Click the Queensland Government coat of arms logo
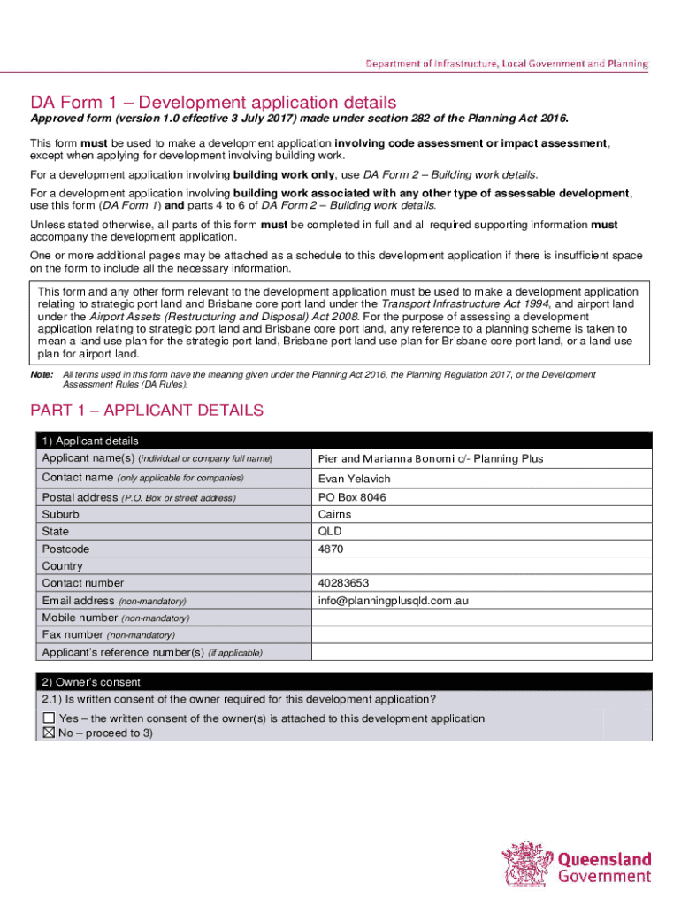(528, 864)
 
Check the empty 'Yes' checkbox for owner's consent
(49, 718)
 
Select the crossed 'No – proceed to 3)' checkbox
(49, 733)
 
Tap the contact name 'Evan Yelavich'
(354, 479)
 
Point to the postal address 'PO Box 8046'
(352, 497)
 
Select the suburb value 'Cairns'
(334, 514)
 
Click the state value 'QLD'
(330, 532)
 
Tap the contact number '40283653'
(343, 583)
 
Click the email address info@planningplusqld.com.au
(393, 601)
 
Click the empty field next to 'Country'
(482, 566)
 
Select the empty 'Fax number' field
(482, 634)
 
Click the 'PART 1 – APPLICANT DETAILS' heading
(147, 411)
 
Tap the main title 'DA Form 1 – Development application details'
(213, 103)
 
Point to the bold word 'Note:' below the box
(42, 375)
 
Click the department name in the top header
(508, 64)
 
